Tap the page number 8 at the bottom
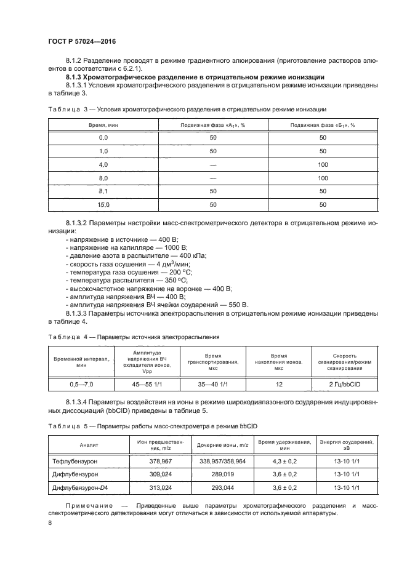[50, 522]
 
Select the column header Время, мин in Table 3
[103, 125]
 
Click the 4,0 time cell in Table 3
[103, 164]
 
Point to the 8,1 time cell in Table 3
[103, 191]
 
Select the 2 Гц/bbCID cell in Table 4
[344, 385]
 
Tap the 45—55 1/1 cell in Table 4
[146, 385]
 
